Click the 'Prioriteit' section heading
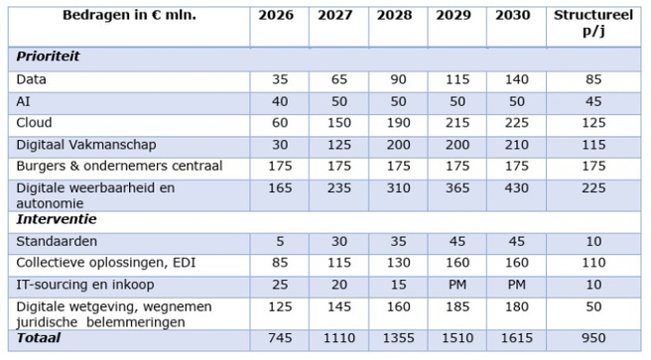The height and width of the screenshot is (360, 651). click(x=49, y=57)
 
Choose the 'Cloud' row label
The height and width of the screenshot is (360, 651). click(x=35, y=122)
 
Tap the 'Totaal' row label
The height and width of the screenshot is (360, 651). click(x=39, y=337)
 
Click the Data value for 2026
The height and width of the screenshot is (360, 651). click(x=279, y=78)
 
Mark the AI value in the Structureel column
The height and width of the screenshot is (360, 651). click(x=592, y=100)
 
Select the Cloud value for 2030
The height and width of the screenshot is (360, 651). click(x=516, y=122)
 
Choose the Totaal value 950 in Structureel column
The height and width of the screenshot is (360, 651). click(x=592, y=338)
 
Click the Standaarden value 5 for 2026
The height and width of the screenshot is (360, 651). click(x=279, y=241)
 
